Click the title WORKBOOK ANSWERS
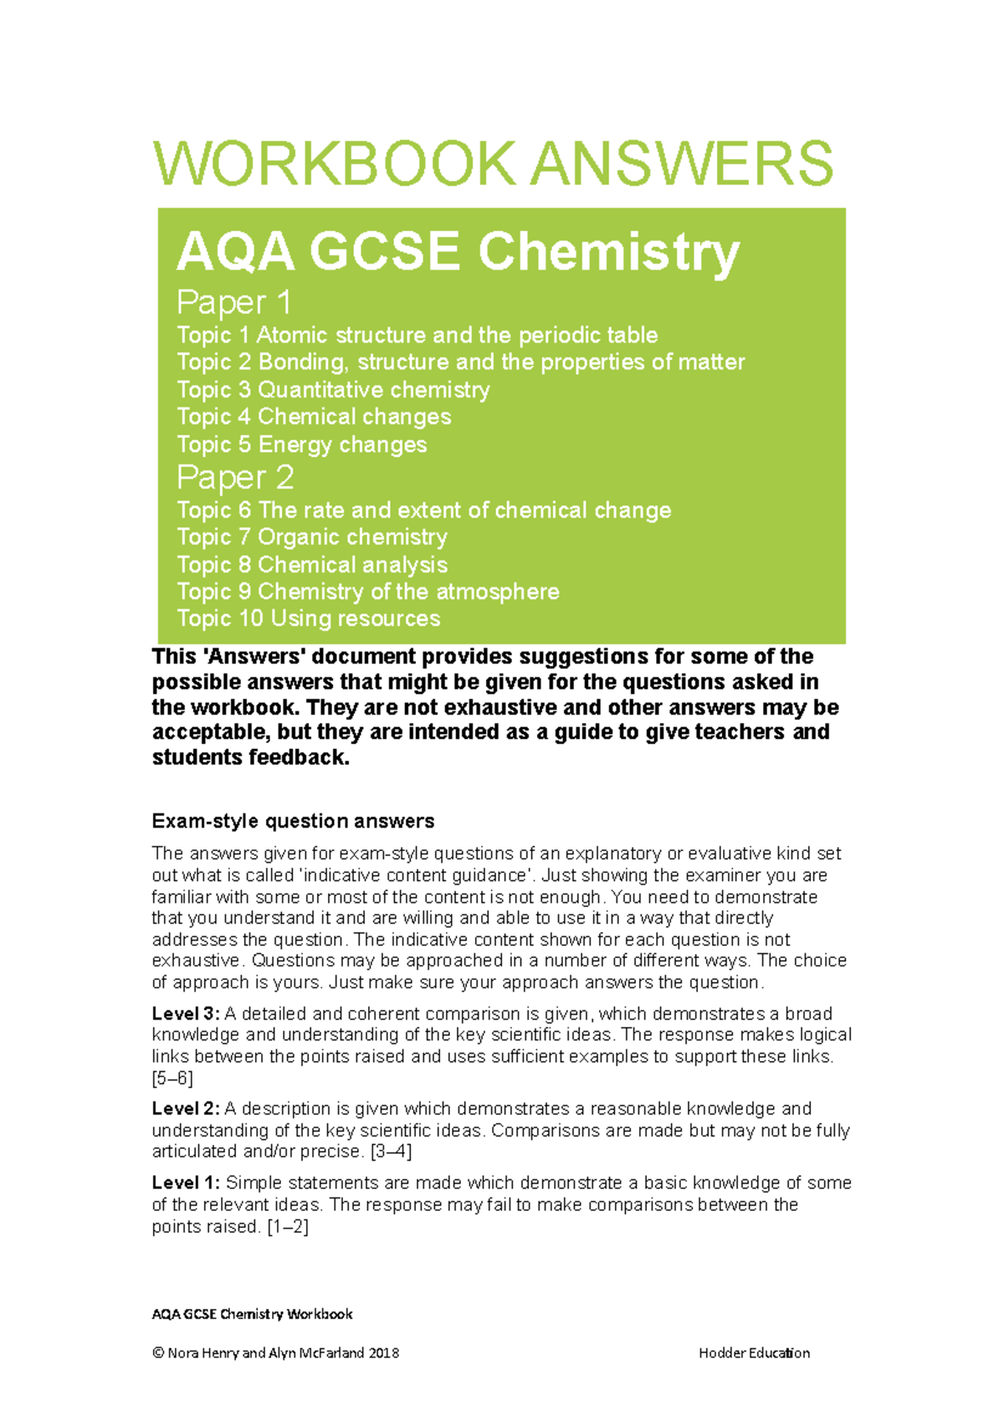[x=493, y=163]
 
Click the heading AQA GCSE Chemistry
[x=458, y=251]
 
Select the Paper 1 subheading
[x=233, y=302]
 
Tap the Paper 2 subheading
[x=235, y=478]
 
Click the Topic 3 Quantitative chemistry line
[x=333, y=390]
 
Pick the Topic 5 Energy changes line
[x=301, y=444]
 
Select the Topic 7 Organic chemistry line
[x=312, y=537]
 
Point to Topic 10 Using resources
[x=308, y=618]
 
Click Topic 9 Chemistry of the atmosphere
[x=367, y=592]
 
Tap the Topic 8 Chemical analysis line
[x=312, y=565]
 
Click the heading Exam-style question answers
[x=293, y=821]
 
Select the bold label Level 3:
[x=186, y=1014]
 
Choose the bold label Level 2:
[x=186, y=1109]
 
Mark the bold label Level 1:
[x=186, y=1183]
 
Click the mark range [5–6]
[x=172, y=1078]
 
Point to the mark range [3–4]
[x=391, y=1152]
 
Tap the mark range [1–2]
[x=288, y=1227]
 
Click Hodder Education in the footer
[x=754, y=1353]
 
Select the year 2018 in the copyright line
[x=383, y=1353]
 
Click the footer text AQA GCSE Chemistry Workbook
[x=252, y=1314]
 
